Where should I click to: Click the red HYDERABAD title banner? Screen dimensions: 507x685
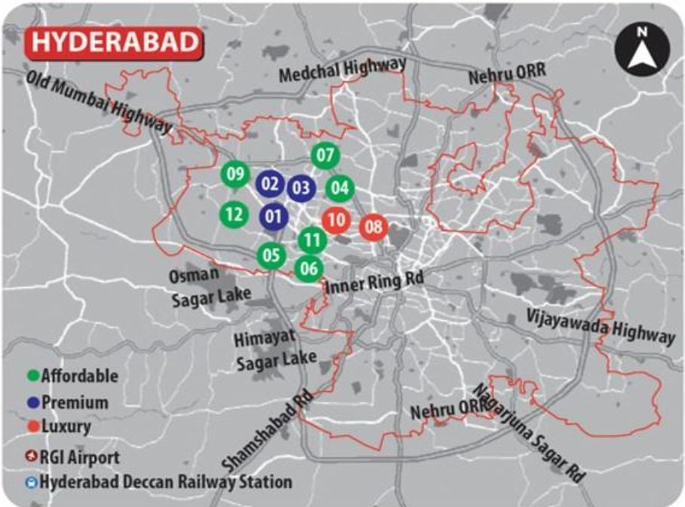coord(114,42)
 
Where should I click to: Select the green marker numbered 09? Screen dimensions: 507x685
coord(235,175)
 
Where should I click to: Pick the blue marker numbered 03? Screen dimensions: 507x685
coord(301,188)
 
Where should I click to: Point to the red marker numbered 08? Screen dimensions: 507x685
coord(373,226)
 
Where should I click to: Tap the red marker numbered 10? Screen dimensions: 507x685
coord(336,220)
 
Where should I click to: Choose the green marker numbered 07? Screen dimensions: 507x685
coord(325,157)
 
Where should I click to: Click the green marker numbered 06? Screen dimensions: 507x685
coord(308,267)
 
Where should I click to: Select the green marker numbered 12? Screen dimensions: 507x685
coord(234,214)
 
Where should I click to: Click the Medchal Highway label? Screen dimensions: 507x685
coord(342,71)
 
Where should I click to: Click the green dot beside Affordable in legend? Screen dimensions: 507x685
coord(32,375)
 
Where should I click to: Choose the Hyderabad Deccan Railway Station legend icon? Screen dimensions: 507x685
coord(32,482)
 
